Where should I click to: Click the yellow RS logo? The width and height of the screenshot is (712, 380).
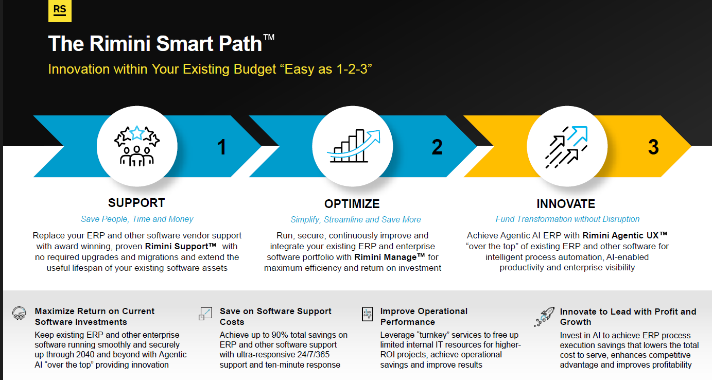click(x=60, y=10)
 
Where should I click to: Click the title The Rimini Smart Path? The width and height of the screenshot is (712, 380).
click(x=161, y=43)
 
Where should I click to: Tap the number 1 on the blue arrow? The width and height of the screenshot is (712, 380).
click(x=221, y=147)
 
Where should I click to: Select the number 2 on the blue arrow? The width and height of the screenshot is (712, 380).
click(x=437, y=147)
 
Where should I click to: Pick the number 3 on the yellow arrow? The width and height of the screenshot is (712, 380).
click(x=653, y=147)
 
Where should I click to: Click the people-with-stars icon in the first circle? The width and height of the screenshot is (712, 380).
click(x=137, y=146)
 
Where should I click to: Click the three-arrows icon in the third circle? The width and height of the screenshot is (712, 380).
click(x=566, y=147)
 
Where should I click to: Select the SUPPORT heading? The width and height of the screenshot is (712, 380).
click(x=136, y=203)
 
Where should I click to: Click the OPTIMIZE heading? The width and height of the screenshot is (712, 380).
click(x=352, y=204)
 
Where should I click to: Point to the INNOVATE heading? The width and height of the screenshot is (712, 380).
click(x=566, y=204)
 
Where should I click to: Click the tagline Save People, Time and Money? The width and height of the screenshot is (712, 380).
click(x=137, y=219)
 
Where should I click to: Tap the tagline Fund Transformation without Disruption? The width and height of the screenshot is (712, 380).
click(x=567, y=219)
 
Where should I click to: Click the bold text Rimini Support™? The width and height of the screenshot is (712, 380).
click(x=181, y=247)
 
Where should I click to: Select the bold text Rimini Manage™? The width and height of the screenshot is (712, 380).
click(x=390, y=257)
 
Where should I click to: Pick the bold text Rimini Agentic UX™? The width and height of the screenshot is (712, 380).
click(x=625, y=235)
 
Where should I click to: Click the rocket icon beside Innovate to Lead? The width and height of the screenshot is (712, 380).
click(x=544, y=317)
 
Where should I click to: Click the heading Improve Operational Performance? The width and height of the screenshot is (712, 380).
click(x=424, y=316)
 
